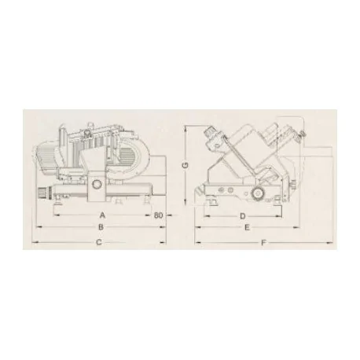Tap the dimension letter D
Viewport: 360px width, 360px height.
244,214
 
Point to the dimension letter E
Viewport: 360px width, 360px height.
248,227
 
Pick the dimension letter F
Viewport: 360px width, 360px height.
263,242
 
